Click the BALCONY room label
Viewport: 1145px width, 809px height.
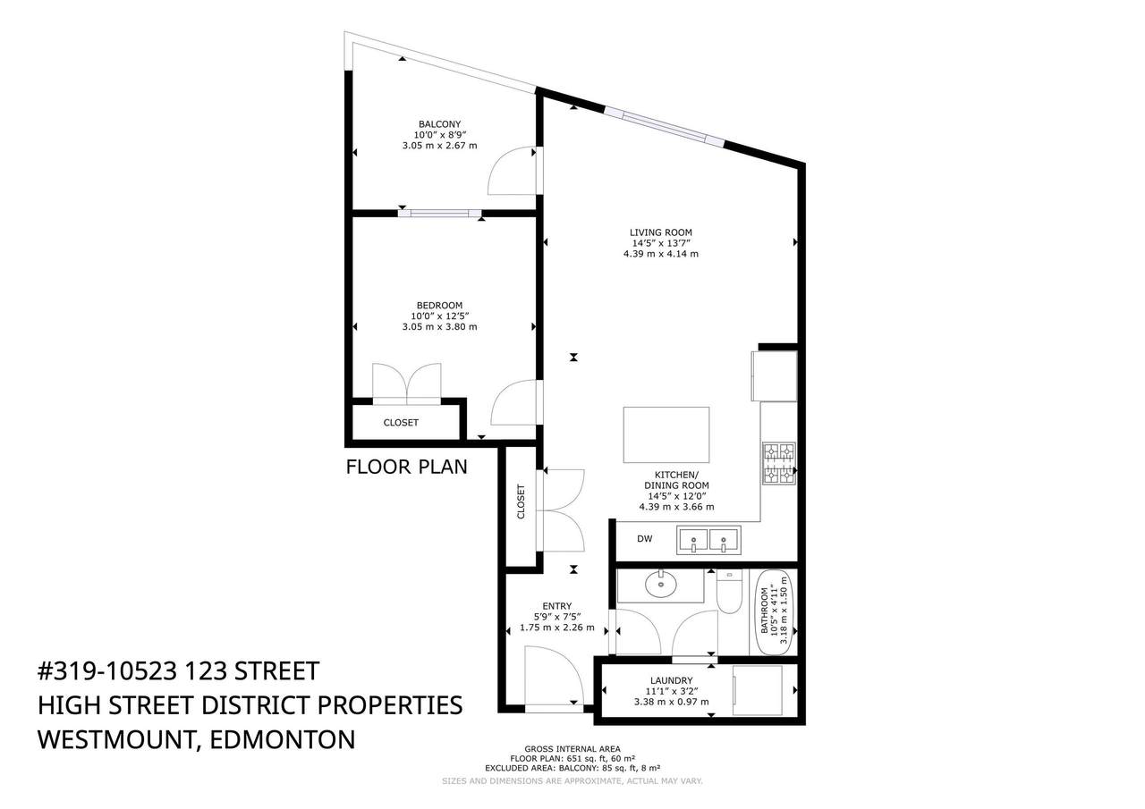pyautogui.click(x=439, y=124)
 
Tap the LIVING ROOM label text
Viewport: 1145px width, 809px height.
pyautogui.click(x=660, y=232)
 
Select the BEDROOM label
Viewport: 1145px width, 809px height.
pyautogui.click(x=439, y=306)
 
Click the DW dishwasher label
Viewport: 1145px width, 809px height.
pyautogui.click(x=644, y=538)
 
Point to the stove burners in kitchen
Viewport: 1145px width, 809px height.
pyautogui.click(x=778, y=463)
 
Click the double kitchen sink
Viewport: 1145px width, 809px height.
pyautogui.click(x=708, y=540)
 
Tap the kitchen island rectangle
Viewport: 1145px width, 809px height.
pyautogui.click(x=666, y=434)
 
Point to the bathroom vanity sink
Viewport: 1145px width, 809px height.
pyautogui.click(x=661, y=586)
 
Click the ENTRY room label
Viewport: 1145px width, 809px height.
pyautogui.click(x=556, y=606)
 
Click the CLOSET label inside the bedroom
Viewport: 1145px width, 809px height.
pyautogui.click(x=401, y=423)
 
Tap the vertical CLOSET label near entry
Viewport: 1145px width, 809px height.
pyautogui.click(x=522, y=502)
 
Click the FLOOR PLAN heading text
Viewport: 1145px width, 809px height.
pyautogui.click(x=406, y=467)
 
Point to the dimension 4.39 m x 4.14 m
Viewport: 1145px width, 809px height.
pyautogui.click(x=660, y=254)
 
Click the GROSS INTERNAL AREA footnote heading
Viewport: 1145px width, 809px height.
pyautogui.click(x=572, y=749)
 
